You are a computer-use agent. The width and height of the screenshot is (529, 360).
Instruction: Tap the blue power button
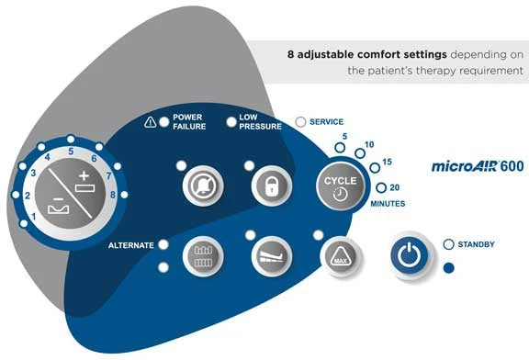pos(410,255)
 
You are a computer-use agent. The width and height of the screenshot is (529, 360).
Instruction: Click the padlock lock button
pos(272,186)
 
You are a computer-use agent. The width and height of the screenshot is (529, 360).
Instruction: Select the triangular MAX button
pos(340,256)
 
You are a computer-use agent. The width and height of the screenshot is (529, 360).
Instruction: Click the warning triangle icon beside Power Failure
pos(150,122)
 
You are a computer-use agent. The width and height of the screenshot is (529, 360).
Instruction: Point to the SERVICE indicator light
pos(300,122)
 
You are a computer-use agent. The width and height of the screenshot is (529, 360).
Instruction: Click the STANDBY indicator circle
pos(448,244)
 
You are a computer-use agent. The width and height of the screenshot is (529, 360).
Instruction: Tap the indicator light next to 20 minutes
pos(381,187)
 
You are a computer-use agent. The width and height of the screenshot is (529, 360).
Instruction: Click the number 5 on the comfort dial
pos(71,152)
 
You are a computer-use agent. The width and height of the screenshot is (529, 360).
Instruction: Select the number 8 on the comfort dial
pos(113,195)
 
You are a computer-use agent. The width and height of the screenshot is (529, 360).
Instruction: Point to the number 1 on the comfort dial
pos(33,216)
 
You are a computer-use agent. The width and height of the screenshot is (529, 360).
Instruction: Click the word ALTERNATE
pos(131,245)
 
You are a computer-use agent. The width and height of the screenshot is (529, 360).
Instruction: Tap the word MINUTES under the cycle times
pos(388,204)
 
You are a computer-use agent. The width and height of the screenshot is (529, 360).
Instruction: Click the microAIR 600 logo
pos(478,166)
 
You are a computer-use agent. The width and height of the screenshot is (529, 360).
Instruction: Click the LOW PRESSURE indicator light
pos(231,122)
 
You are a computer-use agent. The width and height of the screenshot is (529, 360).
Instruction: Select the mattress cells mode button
pos(203,256)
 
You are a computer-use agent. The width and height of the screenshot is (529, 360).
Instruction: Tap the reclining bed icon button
pos(272,256)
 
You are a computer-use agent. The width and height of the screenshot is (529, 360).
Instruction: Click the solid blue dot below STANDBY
pos(448,268)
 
